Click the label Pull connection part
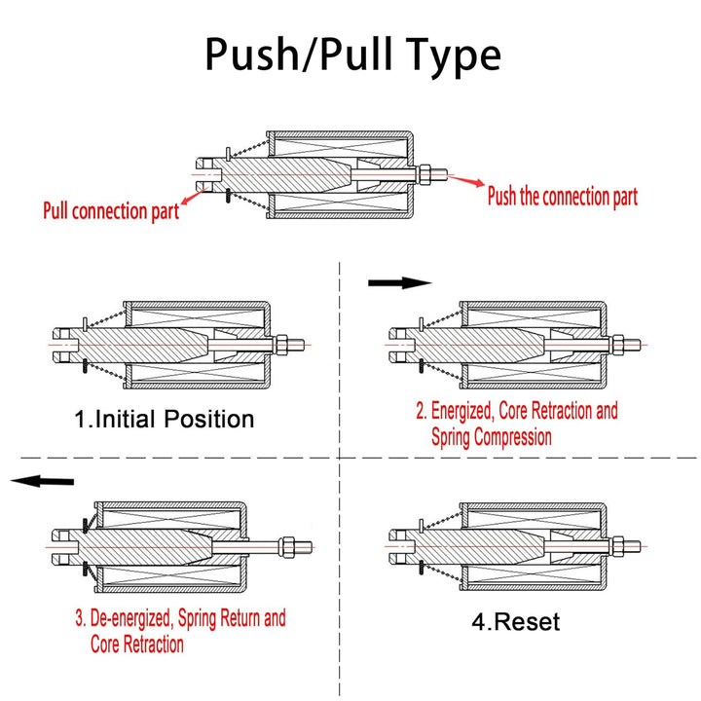111,210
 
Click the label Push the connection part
562,197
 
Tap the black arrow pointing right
399,282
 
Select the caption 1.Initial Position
165,420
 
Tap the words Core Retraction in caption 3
136,644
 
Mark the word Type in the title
448,55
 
